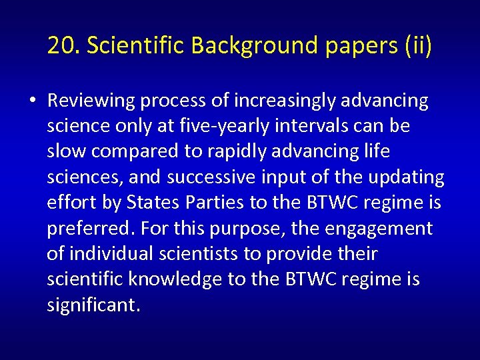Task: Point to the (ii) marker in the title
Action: point(417,45)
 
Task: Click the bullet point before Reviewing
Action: point(33,101)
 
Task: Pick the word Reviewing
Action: point(91,101)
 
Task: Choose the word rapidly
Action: point(244,151)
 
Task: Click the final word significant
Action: point(93,305)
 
